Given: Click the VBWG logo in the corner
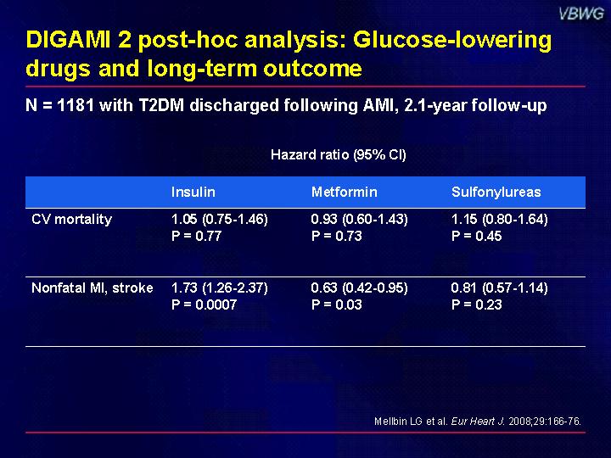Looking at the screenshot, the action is point(581,14).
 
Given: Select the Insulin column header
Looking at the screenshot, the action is point(193,192).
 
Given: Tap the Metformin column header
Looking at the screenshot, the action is point(345,192).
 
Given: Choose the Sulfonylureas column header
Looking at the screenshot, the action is point(496,193).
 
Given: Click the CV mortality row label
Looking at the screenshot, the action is point(71,220).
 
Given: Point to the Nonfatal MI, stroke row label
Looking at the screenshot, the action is point(92,288).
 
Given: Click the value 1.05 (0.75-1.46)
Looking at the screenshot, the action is point(220,220).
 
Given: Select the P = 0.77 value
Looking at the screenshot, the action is point(196,236).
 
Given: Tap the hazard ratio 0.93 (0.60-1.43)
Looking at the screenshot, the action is point(359,220).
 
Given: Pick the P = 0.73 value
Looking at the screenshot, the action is point(337,236).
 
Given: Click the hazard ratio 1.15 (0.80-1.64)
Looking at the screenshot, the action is point(500,220).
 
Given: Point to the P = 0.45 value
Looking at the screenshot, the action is point(477,236).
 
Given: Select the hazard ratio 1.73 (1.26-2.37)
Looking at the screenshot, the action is point(220,288).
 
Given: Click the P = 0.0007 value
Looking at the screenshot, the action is point(205,304).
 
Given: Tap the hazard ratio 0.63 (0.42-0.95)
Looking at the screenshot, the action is point(359,288).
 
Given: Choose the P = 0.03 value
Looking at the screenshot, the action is point(337,304).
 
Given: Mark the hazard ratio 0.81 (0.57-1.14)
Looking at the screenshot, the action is point(500,288).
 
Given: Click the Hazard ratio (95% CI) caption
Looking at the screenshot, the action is point(339,155).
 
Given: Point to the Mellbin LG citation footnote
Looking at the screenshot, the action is point(478,422).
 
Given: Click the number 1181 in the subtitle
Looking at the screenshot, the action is point(76,105).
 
